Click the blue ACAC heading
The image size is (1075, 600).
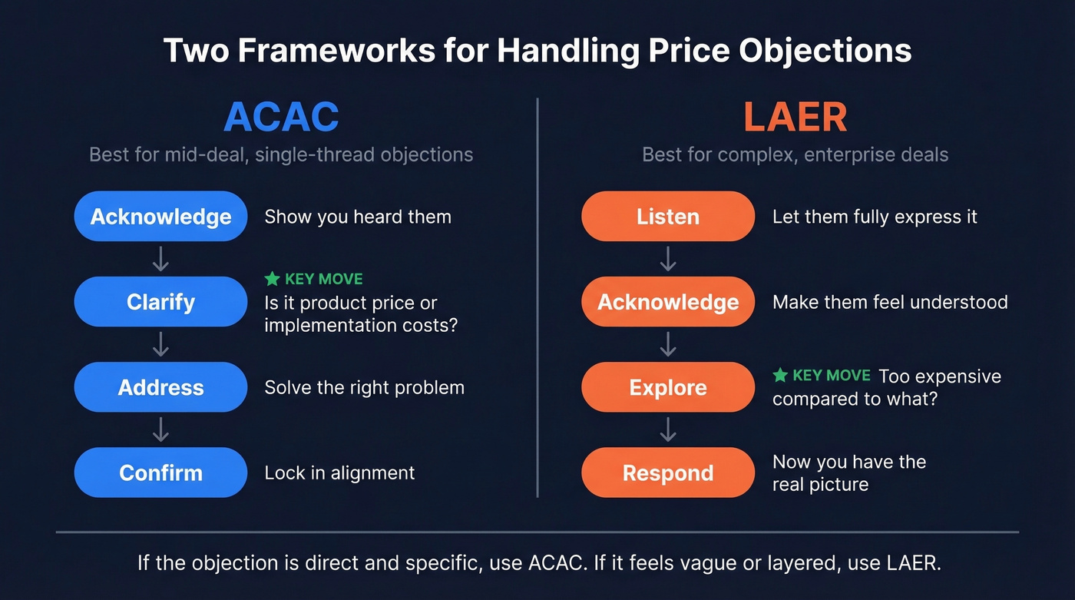point(281,117)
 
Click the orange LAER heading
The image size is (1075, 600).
point(795,117)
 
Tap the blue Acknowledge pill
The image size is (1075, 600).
point(160,217)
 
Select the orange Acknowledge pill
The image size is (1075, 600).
point(668,302)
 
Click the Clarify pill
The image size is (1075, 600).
point(160,302)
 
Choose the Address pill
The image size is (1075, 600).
point(160,387)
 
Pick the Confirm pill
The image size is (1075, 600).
point(160,472)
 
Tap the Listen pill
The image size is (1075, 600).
point(668,217)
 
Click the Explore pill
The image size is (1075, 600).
point(668,387)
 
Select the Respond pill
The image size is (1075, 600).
point(668,472)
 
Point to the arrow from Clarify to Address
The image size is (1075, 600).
point(160,344)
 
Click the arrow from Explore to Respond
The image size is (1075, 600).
point(668,429)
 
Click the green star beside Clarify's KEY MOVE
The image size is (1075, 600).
point(272,279)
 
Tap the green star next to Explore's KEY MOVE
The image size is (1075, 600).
point(780,376)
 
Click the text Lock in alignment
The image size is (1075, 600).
point(339,472)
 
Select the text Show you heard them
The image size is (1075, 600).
point(358,217)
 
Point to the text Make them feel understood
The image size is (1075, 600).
point(890,302)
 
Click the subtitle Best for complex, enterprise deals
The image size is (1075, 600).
point(795,154)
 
